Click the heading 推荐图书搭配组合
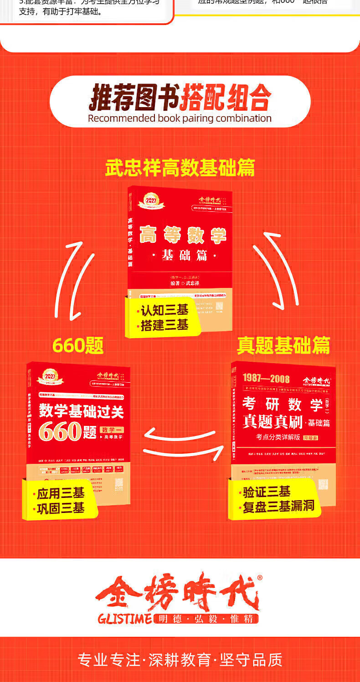pyautogui.click(x=180, y=97)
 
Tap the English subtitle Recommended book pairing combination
pyautogui.click(x=180, y=118)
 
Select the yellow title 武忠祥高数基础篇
pyautogui.click(x=180, y=168)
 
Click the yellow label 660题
pyautogui.click(x=78, y=345)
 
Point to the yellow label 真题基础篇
pyautogui.click(x=283, y=345)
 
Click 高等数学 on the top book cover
pyautogui.click(x=182, y=235)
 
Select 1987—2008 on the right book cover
pyautogui.click(x=266, y=378)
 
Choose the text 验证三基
pyautogui.click(x=267, y=492)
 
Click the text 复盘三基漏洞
pyautogui.click(x=278, y=506)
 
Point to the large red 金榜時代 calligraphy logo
pyautogui.click(x=178, y=592)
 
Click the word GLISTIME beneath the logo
pyautogui.click(x=124, y=619)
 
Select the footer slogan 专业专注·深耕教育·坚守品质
pyautogui.click(x=180, y=660)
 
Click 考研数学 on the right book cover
pyautogui.click(x=283, y=404)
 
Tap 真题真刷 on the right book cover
pyautogui.click(x=273, y=422)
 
